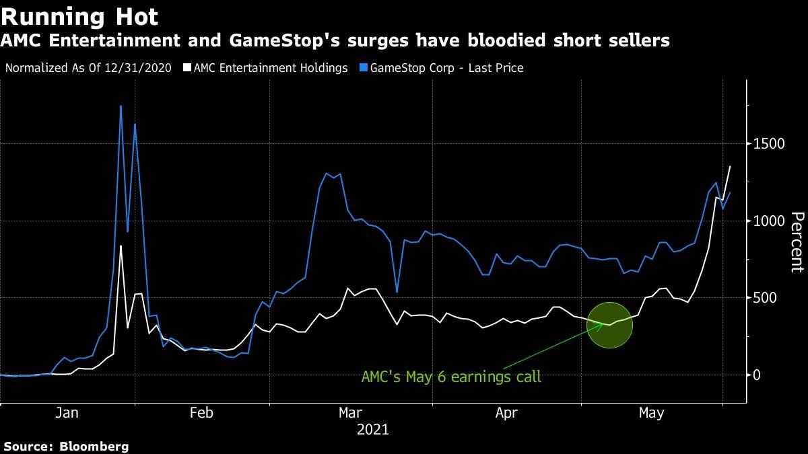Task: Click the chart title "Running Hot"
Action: [80, 16]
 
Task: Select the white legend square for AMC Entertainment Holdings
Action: [187, 68]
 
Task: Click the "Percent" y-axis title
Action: [797, 241]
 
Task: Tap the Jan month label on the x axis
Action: [67, 413]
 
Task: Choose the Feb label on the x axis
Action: [201, 413]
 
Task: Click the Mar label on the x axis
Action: [351, 413]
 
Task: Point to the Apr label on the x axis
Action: [506, 413]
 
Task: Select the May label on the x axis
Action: [651, 413]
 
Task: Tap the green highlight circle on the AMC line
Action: [609, 325]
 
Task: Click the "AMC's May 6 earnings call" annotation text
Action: [451, 377]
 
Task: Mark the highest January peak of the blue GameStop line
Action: [121, 106]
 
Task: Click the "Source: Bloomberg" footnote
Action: [66, 446]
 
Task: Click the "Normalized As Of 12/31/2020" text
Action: [88, 68]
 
